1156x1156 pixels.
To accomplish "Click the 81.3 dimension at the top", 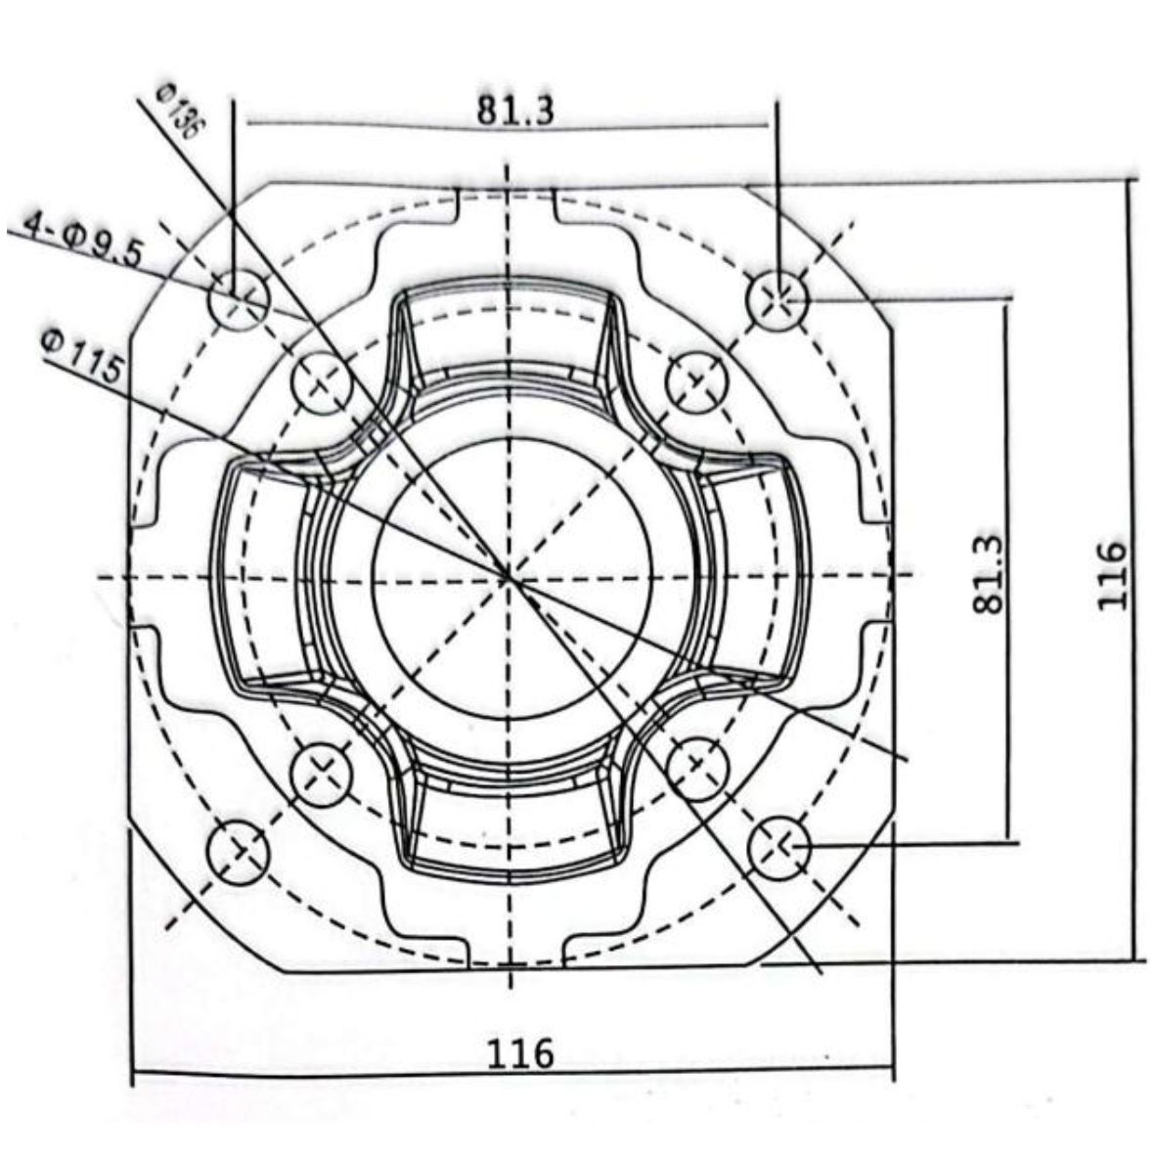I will (515, 110).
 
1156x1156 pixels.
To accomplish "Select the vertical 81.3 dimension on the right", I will (989, 572).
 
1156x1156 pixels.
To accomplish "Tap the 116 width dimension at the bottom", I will (520, 1053).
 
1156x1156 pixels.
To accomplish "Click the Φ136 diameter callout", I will (178, 110).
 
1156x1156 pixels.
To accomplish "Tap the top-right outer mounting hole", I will (778, 294).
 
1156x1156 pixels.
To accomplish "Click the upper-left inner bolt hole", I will (322, 382).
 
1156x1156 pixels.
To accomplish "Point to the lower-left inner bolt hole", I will (322, 770).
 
